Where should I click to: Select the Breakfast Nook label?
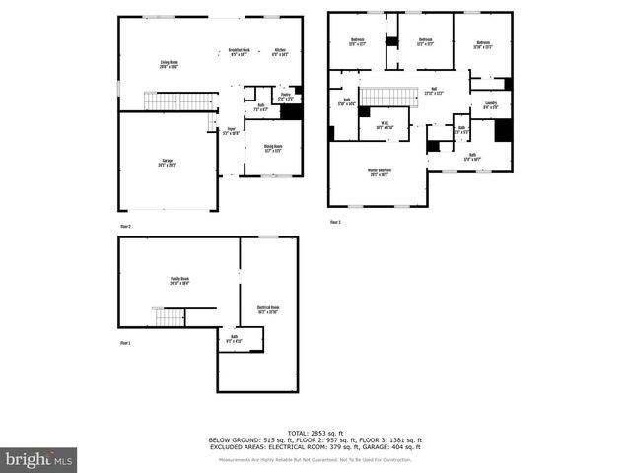click(237, 51)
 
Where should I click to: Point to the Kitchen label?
click(279, 51)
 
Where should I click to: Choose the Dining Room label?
click(270, 148)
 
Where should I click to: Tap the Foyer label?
click(231, 130)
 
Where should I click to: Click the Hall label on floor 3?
click(434, 91)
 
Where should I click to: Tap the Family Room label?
click(178, 281)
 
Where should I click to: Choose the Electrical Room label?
click(268, 309)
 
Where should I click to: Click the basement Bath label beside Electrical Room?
click(234, 339)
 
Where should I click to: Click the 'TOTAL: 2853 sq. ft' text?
click(315, 432)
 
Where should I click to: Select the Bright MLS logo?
click(38, 459)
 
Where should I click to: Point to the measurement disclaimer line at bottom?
click(315, 460)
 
